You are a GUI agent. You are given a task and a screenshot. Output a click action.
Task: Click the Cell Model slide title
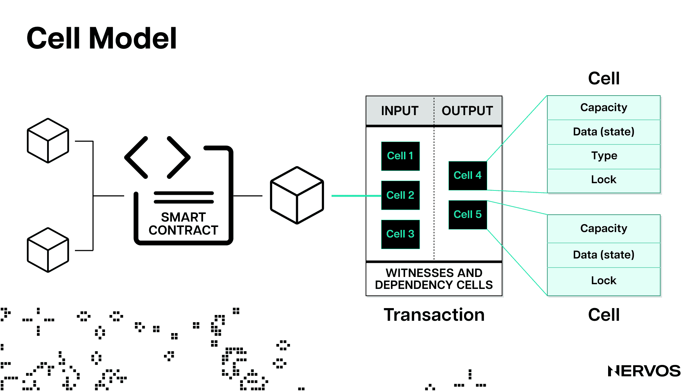click(x=102, y=38)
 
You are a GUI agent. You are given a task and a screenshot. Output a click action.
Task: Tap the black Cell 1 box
click(x=400, y=156)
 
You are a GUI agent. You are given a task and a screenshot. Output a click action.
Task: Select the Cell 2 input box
click(x=400, y=195)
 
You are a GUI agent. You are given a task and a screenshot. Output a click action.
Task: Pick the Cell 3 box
click(x=400, y=234)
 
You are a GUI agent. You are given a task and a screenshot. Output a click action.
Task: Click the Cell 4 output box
click(x=468, y=176)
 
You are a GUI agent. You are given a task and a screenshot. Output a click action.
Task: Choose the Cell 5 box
click(x=468, y=215)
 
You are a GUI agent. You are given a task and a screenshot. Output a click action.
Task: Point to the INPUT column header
click(x=400, y=111)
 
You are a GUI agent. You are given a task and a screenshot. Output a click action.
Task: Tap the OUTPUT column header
click(x=467, y=111)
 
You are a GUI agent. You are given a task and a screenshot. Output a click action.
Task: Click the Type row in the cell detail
click(x=604, y=156)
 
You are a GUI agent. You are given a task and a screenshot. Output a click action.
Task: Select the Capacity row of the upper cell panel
click(x=604, y=108)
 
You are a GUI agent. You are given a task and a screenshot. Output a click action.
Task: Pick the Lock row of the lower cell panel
click(x=604, y=281)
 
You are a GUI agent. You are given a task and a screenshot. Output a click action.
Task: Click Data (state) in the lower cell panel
click(x=604, y=255)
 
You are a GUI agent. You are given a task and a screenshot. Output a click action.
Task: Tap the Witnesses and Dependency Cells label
click(x=434, y=279)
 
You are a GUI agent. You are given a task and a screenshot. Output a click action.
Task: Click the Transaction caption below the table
click(x=434, y=315)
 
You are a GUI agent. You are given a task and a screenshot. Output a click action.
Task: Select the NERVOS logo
click(x=644, y=371)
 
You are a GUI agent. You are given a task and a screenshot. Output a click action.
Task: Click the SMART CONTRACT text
click(x=184, y=224)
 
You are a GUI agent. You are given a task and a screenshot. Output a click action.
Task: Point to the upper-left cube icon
click(x=48, y=140)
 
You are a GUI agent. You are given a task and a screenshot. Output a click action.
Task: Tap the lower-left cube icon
click(x=48, y=250)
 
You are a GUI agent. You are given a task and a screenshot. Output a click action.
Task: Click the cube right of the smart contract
click(x=297, y=195)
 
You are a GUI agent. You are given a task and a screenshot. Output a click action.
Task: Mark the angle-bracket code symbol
click(x=157, y=157)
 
